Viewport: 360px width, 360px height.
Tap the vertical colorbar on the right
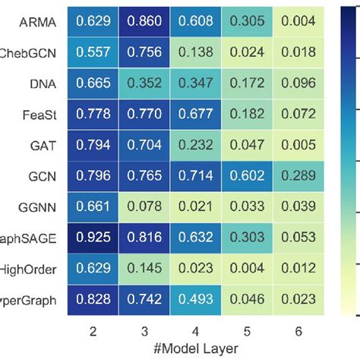pyautogui.click(x=351, y=159)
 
